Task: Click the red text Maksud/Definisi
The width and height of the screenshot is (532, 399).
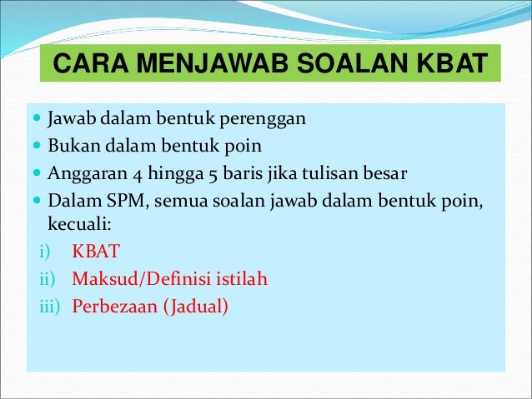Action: point(143,279)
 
